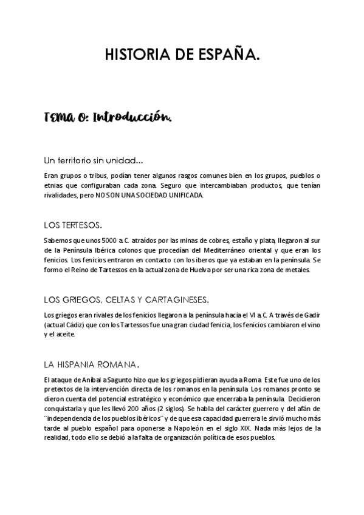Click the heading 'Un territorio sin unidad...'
pyautogui.click(x=94, y=161)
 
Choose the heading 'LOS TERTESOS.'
pyautogui.click(x=73, y=225)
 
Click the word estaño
pyautogui.click(x=234, y=240)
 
